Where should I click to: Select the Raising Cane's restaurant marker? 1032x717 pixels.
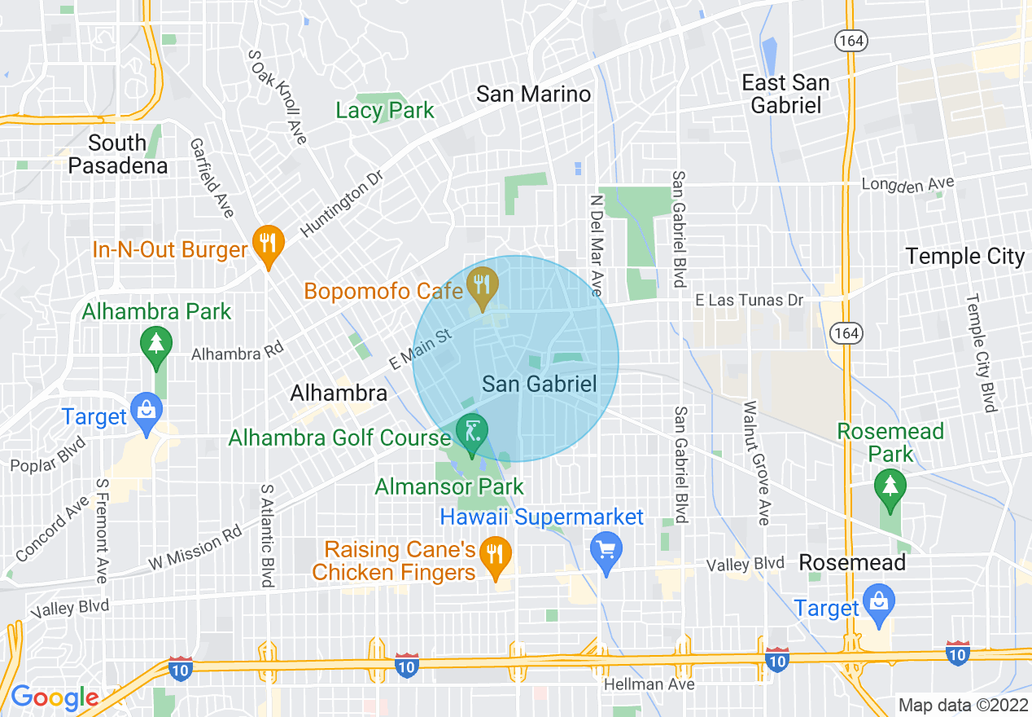494,555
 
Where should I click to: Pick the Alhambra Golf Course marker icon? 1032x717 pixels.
471,430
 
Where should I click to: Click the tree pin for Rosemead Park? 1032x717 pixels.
890,486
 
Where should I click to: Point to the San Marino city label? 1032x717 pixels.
533,94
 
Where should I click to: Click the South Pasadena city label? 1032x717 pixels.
117,155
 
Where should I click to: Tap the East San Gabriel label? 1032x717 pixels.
785,94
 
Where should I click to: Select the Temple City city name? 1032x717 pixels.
964,257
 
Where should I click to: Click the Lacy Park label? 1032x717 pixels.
385,111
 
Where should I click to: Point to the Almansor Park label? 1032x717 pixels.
449,487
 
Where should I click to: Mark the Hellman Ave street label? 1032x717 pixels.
649,684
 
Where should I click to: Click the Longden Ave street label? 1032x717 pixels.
907,185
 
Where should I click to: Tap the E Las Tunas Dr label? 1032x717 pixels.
749,301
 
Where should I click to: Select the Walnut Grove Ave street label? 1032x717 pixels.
763,462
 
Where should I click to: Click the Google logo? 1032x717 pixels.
54,697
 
